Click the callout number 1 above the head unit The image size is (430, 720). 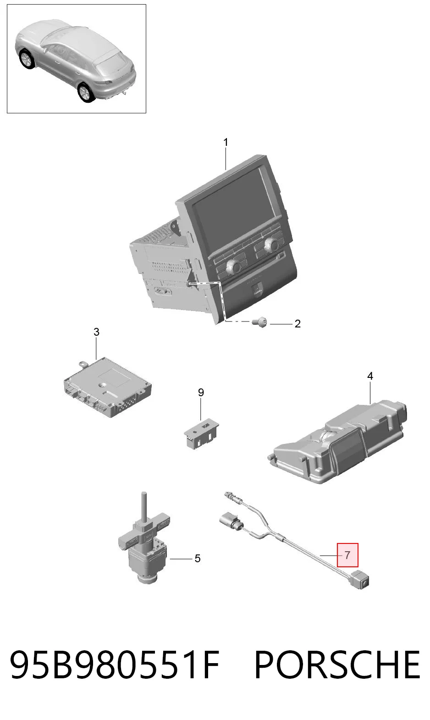[226, 142]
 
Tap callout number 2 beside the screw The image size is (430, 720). [298, 324]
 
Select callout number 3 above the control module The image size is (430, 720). [96, 332]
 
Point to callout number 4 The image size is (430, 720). [370, 376]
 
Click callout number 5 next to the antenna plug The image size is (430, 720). [198, 559]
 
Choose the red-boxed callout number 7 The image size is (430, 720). [347, 555]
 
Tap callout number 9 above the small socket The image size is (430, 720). [201, 393]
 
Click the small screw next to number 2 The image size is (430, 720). [259, 322]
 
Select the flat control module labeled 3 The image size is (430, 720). [108, 388]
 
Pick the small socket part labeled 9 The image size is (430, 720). [201, 434]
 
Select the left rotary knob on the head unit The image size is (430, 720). [233, 266]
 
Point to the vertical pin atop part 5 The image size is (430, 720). [143, 507]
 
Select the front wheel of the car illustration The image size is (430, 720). [26, 59]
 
